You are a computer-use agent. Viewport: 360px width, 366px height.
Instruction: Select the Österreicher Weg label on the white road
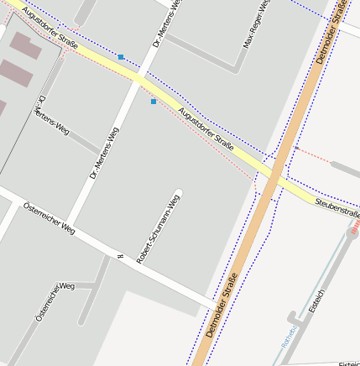[50, 217]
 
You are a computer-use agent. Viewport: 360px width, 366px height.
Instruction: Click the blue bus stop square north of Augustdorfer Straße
[121, 57]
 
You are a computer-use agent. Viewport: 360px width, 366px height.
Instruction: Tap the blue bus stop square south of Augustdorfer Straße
[154, 102]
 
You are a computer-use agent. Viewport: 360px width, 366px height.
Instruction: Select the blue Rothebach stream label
[288, 337]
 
